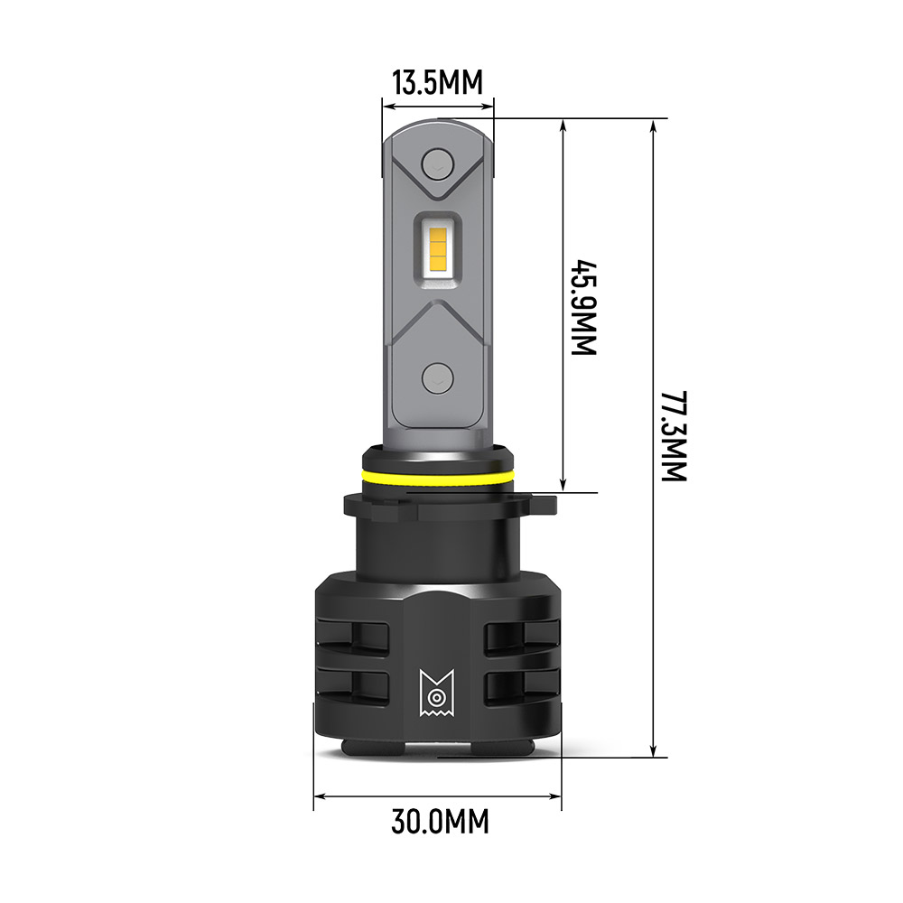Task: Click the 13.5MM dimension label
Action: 437,83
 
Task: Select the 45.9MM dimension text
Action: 586,308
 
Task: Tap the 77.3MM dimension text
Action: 673,436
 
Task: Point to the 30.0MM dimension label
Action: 440,822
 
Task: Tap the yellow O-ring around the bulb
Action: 437,476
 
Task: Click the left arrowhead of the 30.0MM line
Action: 321,796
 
